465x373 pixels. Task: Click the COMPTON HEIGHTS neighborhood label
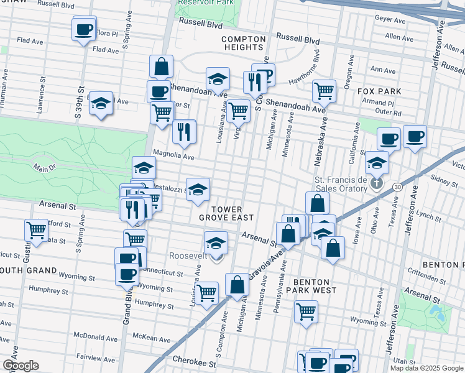point(244,43)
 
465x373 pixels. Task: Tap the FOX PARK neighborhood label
point(380,91)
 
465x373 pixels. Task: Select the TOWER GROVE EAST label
point(226,213)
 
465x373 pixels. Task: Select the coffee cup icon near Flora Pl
point(84,29)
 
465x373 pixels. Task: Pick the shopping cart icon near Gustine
point(36,230)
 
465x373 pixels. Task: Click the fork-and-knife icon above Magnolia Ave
point(184,131)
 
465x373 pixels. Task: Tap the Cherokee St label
point(189,361)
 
